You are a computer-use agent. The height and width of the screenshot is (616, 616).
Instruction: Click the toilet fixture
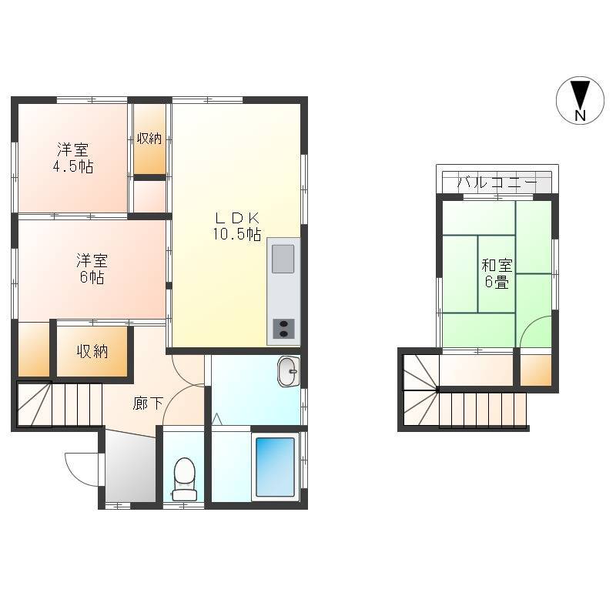(x=184, y=479)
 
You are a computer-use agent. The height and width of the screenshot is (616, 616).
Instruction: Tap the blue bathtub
(x=275, y=467)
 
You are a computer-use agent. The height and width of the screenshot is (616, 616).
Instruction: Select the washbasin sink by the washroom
(x=288, y=372)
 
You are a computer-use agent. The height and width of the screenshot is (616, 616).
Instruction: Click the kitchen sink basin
(x=283, y=259)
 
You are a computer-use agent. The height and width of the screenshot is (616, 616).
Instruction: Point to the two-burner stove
(x=283, y=329)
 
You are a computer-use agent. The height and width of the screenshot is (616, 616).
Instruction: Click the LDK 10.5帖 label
(x=237, y=226)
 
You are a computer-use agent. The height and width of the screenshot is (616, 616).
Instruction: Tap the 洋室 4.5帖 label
(x=73, y=158)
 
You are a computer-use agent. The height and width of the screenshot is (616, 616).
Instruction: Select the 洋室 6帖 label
(x=92, y=269)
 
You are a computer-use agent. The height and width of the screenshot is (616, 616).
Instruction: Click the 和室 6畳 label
(x=497, y=273)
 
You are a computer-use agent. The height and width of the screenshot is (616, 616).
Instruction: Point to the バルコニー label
(x=497, y=182)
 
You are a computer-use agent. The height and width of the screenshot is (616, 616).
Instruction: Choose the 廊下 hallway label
(x=148, y=403)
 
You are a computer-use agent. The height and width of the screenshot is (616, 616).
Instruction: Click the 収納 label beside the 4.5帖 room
(x=149, y=139)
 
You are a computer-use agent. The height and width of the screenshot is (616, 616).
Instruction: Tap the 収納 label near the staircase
(x=92, y=351)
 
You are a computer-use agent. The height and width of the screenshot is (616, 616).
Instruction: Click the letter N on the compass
(x=581, y=115)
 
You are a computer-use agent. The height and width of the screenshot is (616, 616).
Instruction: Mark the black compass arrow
(x=581, y=94)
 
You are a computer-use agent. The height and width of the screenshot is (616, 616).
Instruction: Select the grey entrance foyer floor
(x=131, y=466)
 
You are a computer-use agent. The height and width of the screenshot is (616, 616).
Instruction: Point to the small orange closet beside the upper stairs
(x=536, y=370)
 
